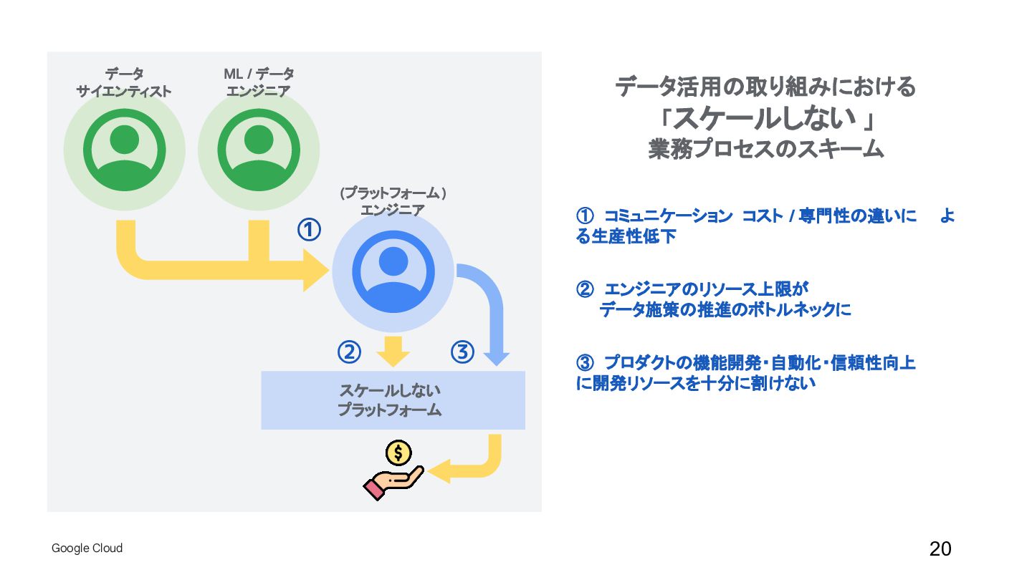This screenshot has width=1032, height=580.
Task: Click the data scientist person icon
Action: tap(124, 150)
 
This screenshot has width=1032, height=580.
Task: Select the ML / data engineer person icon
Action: tap(258, 150)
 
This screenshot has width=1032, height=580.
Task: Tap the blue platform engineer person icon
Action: tap(393, 271)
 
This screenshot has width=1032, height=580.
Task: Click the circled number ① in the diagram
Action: tap(309, 230)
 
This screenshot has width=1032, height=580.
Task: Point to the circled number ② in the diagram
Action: tap(349, 352)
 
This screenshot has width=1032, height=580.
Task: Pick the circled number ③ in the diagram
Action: tap(462, 352)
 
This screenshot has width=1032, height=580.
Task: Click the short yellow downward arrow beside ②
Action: tap(393, 351)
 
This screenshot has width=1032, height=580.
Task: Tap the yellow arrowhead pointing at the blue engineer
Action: tap(315, 271)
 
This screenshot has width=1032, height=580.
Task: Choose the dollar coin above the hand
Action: tap(398, 453)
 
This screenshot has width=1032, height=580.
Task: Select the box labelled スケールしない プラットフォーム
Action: tap(393, 400)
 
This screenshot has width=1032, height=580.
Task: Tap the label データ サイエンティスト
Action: tap(124, 82)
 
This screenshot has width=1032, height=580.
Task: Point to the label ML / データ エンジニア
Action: tap(258, 82)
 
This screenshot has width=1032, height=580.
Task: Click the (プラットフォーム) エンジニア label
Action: tap(393, 201)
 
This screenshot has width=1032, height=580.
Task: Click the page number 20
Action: tap(940, 549)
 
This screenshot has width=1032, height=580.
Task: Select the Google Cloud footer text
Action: tap(87, 548)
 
